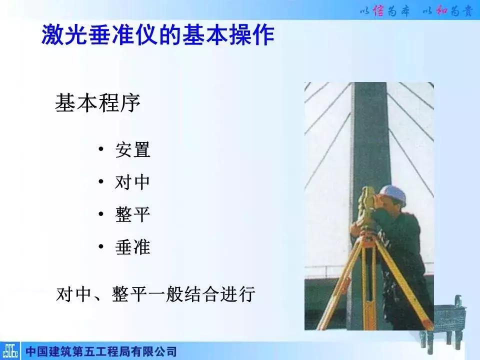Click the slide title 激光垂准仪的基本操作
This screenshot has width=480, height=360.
point(157,36)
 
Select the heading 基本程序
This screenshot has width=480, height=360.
point(97,103)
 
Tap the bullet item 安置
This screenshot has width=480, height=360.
point(133,150)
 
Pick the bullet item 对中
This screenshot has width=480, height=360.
point(133,182)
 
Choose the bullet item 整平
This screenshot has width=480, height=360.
point(133,214)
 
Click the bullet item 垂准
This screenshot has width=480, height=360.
point(133,247)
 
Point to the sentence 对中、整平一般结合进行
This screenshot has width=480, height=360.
point(156,294)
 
